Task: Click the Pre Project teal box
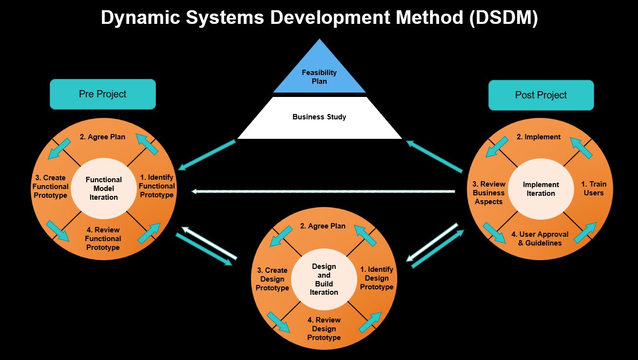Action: point(102,94)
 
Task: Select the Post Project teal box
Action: point(541,95)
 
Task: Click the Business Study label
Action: point(319,117)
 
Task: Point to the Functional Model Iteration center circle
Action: point(103,189)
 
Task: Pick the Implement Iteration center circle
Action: point(541,189)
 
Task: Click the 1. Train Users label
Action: point(594,189)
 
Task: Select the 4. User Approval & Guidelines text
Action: point(540,239)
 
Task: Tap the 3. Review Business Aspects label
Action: point(488,193)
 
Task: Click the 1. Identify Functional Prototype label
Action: point(156,186)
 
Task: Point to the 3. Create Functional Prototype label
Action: point(50,187)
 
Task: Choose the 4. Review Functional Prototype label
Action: point(103,239)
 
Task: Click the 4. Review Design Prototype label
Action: point(324,329)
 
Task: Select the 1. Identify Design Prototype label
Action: point(376,278)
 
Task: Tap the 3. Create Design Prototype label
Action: point(272,279)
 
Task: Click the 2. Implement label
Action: point(539,137)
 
